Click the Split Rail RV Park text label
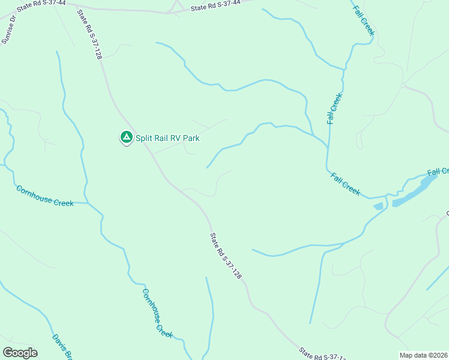pos(167,138)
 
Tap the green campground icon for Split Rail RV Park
pos(126,137)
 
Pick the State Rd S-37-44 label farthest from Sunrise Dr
pos(215,6)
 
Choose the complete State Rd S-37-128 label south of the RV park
pos(226,256)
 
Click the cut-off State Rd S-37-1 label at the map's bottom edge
pos(322,354)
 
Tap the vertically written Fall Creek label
pos(334,109)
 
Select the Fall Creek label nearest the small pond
pos(346,183)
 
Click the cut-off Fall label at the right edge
pos(438,172)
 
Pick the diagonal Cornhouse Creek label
pos(157,313)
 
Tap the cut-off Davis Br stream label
pos(62,347)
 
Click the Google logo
pos(20,353)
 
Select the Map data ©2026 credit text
pos(423,355)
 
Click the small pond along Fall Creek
pos(378,206)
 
